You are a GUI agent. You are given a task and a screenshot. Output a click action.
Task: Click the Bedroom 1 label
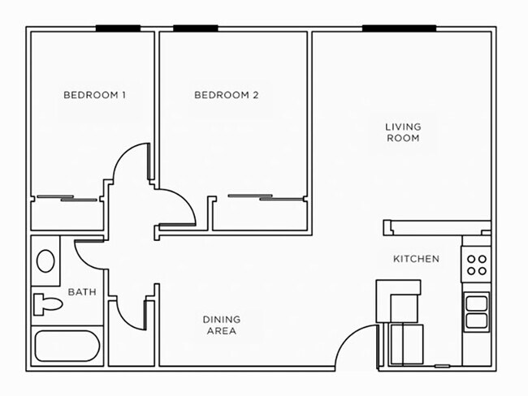pyautogui.click(x=94, y=95)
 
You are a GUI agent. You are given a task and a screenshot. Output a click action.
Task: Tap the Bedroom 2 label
pyautogui.click(x=226, y=95)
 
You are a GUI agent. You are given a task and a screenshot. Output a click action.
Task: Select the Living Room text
pyautogui.click(x=402, y=132)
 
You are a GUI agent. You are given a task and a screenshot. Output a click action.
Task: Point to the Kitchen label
pyautogui.click(x=416, y=259)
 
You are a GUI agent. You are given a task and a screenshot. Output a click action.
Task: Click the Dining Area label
pyautogui.click(x=221, y=325)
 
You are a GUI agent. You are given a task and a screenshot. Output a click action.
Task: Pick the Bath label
pyautogui.click(x=83, y=292)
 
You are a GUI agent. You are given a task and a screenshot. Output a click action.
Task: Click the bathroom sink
pyautogui.click(x=46, y=261)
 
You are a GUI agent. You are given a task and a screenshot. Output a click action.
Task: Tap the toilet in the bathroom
pyautogui.click(x=46, y=305)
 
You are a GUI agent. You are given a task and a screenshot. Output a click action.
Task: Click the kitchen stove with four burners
pyautogui.click(x=477, y=265)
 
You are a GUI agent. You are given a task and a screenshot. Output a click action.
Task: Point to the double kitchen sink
pyautogui.click(x=477, y=312)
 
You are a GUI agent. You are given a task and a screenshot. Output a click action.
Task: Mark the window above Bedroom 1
pyautogui.click(x=118, y=28)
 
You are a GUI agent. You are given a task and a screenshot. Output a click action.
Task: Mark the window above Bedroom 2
pyautogui.click(x=195, y=28)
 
